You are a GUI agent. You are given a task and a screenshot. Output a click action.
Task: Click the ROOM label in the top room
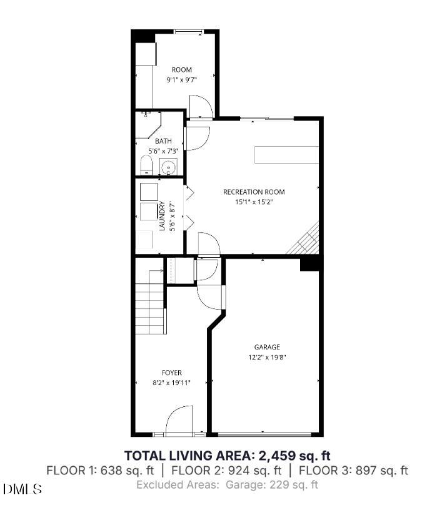click(x=182, y=70)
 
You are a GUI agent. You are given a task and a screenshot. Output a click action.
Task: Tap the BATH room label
click(x=163, y=141)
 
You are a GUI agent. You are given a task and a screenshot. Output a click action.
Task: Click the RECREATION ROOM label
click(x=254, y=192)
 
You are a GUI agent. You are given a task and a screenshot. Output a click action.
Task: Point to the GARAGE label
click(x=267, y=347)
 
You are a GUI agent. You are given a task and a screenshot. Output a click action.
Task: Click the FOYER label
click(x=171, y=373)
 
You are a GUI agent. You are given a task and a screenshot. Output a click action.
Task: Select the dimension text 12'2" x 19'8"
click(x=267, y=358)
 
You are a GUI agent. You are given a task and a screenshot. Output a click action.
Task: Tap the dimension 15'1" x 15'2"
click(x=254, y=202)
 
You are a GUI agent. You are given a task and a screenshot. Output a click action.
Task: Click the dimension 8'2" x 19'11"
click(x=171, y=383)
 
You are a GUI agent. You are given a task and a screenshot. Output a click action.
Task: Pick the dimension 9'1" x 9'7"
click(x=182, y=80)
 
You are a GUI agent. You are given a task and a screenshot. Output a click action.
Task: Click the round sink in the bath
click(x=168, y=167)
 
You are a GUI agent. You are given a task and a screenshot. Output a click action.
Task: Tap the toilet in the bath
click(x=146, y=165)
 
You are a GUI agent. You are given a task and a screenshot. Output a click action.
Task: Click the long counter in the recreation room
click(x=286, y=154)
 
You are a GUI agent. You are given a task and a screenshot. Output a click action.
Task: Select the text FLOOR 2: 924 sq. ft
click(x=226, y=470)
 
